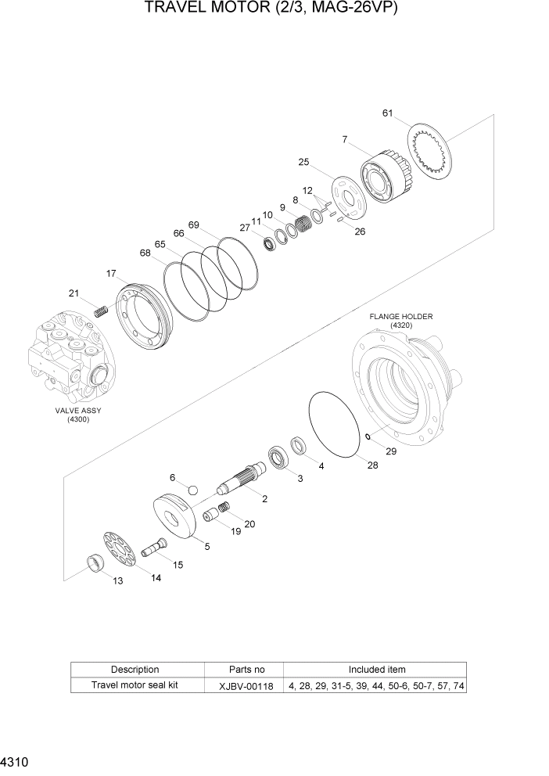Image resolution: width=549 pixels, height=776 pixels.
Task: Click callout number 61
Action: pyautogui.click(x=386, y=113)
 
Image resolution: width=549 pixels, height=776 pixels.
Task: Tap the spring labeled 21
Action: pyautogui.click(x=100, y=311)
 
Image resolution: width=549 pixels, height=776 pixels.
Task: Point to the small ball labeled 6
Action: pyautogui.click(x=192, y=490)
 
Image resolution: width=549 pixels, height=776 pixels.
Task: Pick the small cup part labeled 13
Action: pyautogui.click(x=95, y=563)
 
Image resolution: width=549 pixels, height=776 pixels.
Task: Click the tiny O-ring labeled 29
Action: pyautogui.click(x=368, y=436)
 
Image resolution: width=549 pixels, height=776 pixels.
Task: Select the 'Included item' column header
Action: pyautogui.click(x=376, y=670)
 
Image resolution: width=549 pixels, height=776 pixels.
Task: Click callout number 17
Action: pyautogui.click(x=111, y=273)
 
